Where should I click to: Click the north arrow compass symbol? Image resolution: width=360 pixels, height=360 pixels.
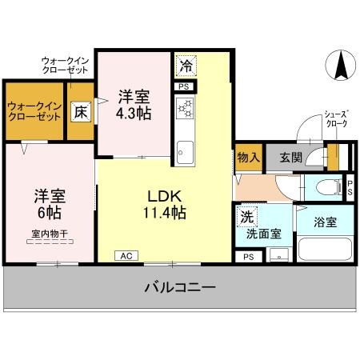340,66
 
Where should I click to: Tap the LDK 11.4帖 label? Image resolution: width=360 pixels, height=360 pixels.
166,204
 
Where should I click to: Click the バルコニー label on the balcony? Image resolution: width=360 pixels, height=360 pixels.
179,287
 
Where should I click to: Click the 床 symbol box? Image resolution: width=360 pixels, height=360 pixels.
81,111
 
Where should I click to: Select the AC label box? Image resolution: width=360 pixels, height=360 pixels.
126,256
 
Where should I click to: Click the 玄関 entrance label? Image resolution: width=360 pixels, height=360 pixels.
291,157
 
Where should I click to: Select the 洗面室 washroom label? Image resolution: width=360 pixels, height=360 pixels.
262,234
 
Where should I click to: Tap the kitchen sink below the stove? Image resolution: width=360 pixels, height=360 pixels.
186,150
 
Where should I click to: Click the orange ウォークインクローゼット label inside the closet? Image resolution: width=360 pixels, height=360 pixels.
34,110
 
